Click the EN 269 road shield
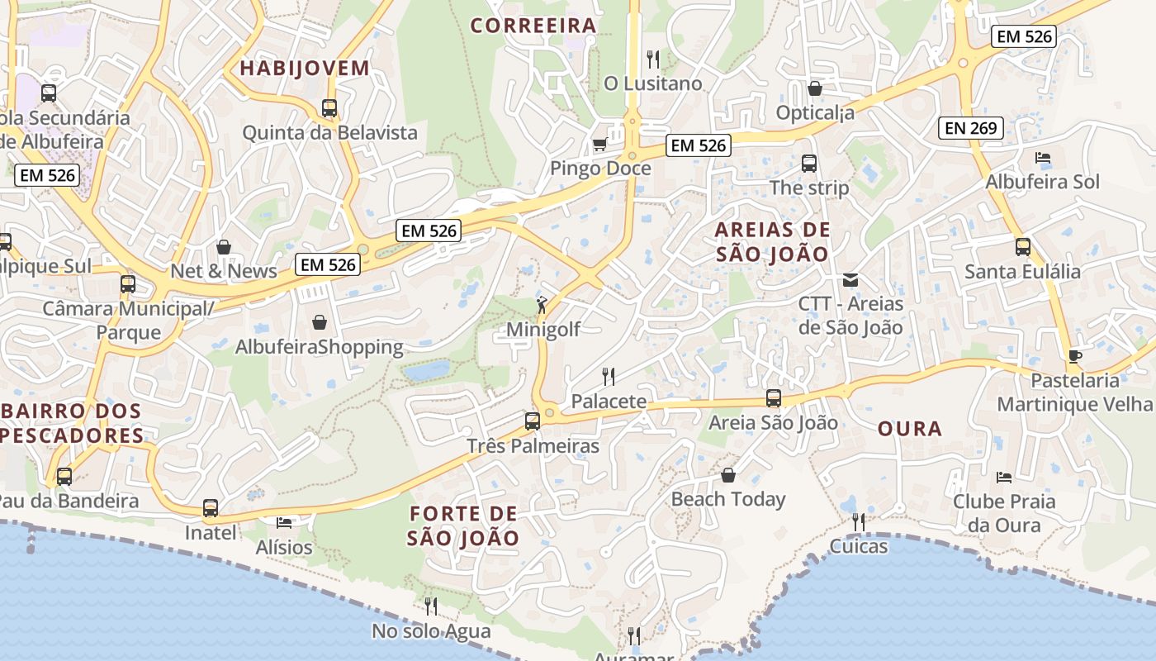(971, 128)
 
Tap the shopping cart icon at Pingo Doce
(599, 145)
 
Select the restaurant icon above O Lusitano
(652, 59)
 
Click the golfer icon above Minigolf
(542, 305)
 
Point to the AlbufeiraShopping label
(320, 347)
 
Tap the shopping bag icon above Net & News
(223, 247)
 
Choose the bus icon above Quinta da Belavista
(329, 107)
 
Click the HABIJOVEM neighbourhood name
(305, 69)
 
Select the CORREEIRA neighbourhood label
(533, 26)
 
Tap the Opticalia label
(815, 112)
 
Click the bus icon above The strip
(808, 164)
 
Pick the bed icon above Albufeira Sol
(1043, 158)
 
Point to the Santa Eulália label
(1022, 271)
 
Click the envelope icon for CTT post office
(850, 280)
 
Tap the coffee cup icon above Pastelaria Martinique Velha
(1074, 356)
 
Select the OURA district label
(909, 428)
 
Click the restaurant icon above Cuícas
(859, 521)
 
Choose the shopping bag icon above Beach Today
(728, 475)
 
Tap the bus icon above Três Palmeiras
(533, 421)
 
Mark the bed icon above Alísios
(284, 523)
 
